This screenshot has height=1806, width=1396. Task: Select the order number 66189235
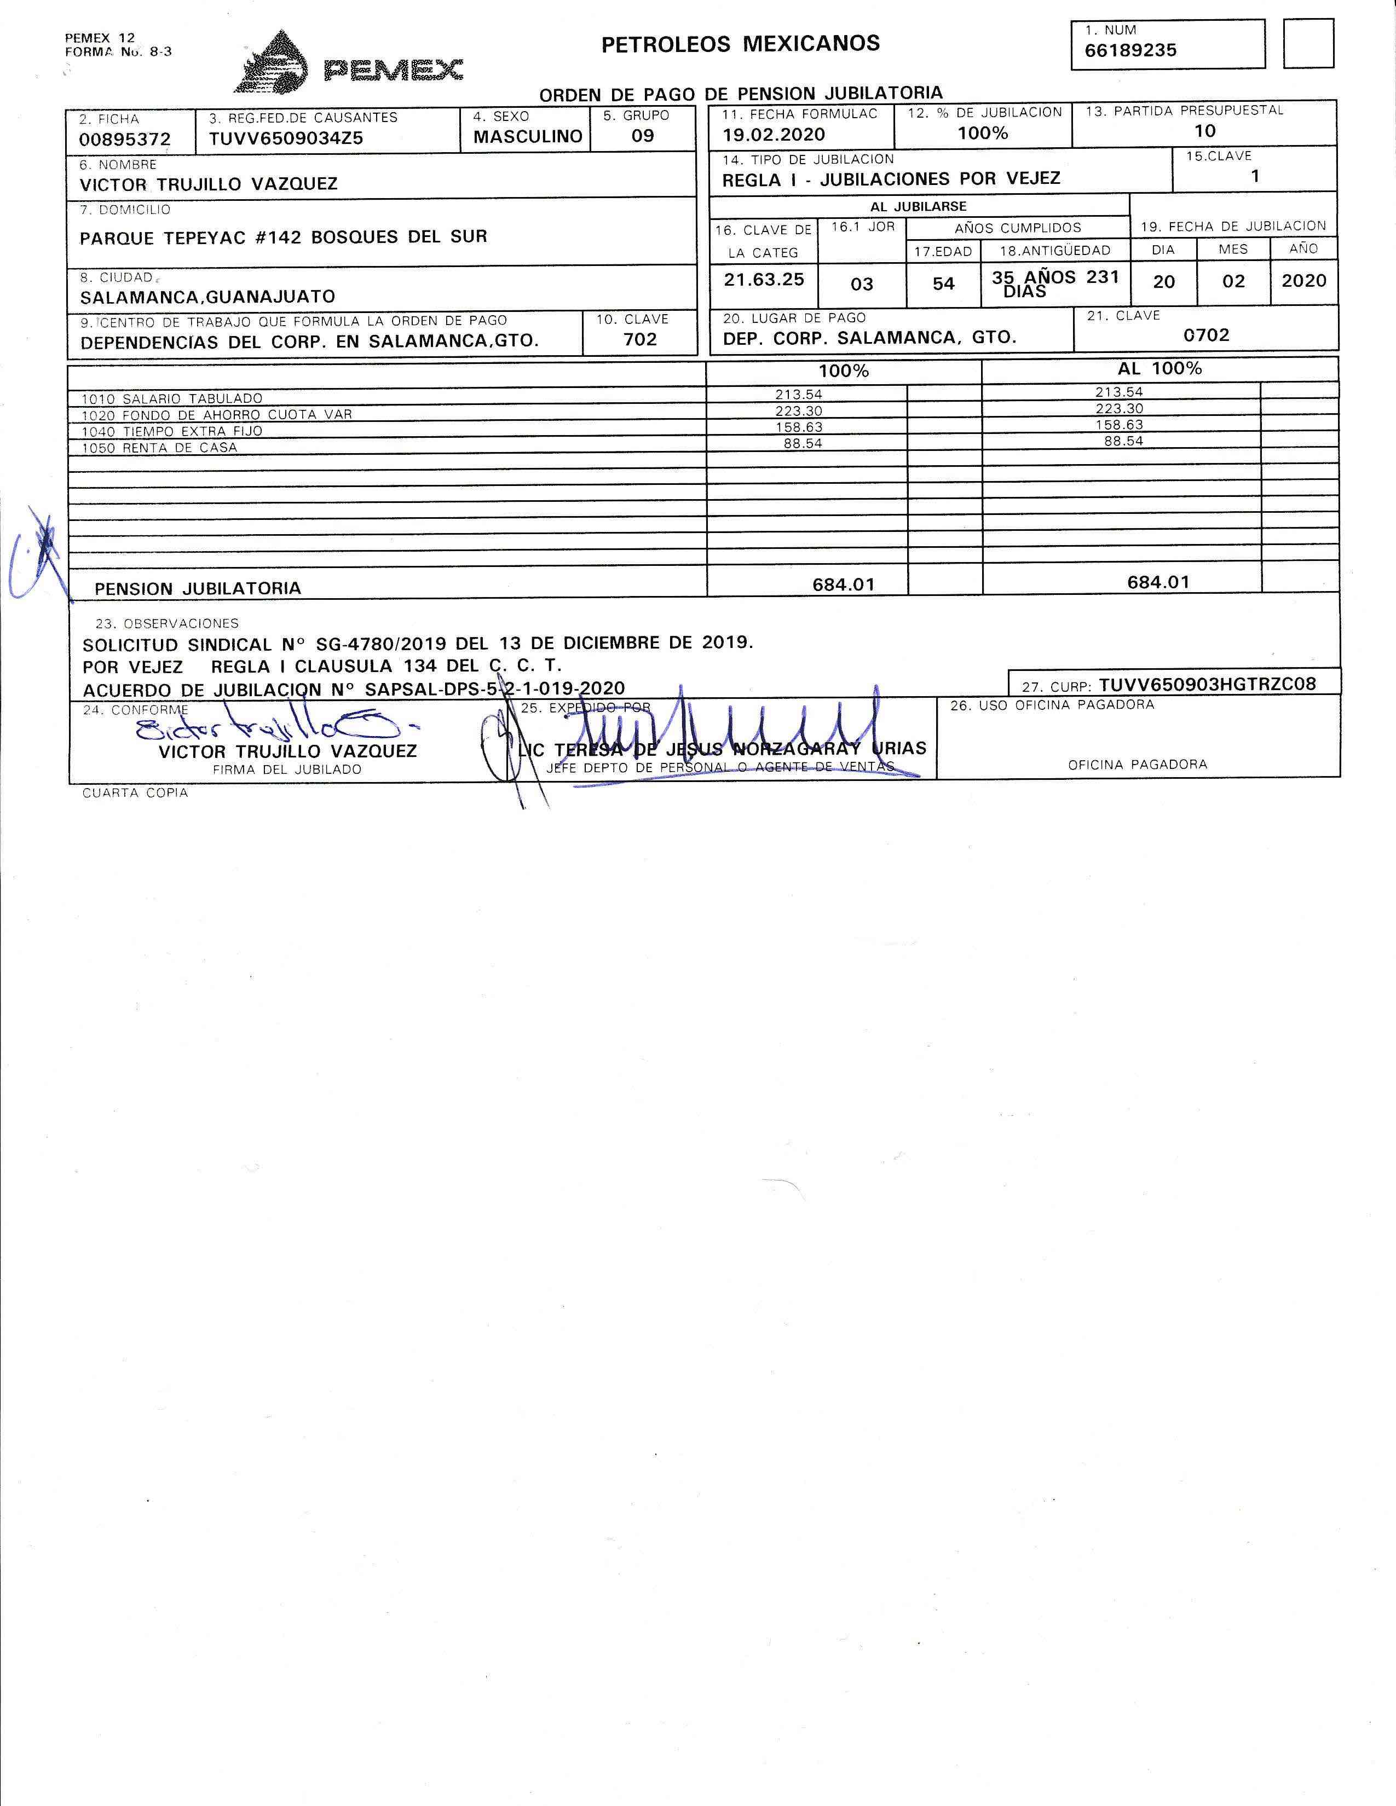click(1130, 50)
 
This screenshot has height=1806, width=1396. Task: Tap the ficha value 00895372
click(125, 140)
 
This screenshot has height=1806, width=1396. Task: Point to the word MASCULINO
click(528, 136)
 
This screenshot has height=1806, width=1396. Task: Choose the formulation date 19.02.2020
click(773, 135)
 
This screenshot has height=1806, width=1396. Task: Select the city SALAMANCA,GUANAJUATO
click(207, 296)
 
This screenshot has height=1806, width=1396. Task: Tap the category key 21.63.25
click(763, 280)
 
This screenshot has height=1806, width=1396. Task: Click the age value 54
click(944, 283)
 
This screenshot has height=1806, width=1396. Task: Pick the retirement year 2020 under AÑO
click(1303, 280)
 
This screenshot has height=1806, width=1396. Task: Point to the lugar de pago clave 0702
click(1206, 335)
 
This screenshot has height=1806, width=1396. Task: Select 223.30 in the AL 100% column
click(1119, 408)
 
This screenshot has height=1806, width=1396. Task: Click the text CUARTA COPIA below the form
click(135, 793)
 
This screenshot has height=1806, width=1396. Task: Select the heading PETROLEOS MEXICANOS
click(740, 44)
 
